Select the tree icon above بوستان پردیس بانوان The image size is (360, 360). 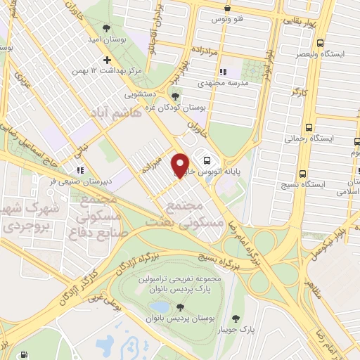181,307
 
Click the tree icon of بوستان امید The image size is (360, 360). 106,28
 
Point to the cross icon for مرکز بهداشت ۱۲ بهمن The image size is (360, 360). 106,60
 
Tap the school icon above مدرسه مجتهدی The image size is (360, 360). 223,72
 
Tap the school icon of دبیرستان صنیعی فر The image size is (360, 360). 80,169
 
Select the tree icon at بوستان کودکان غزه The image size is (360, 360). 176,96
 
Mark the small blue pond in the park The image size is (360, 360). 160,307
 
